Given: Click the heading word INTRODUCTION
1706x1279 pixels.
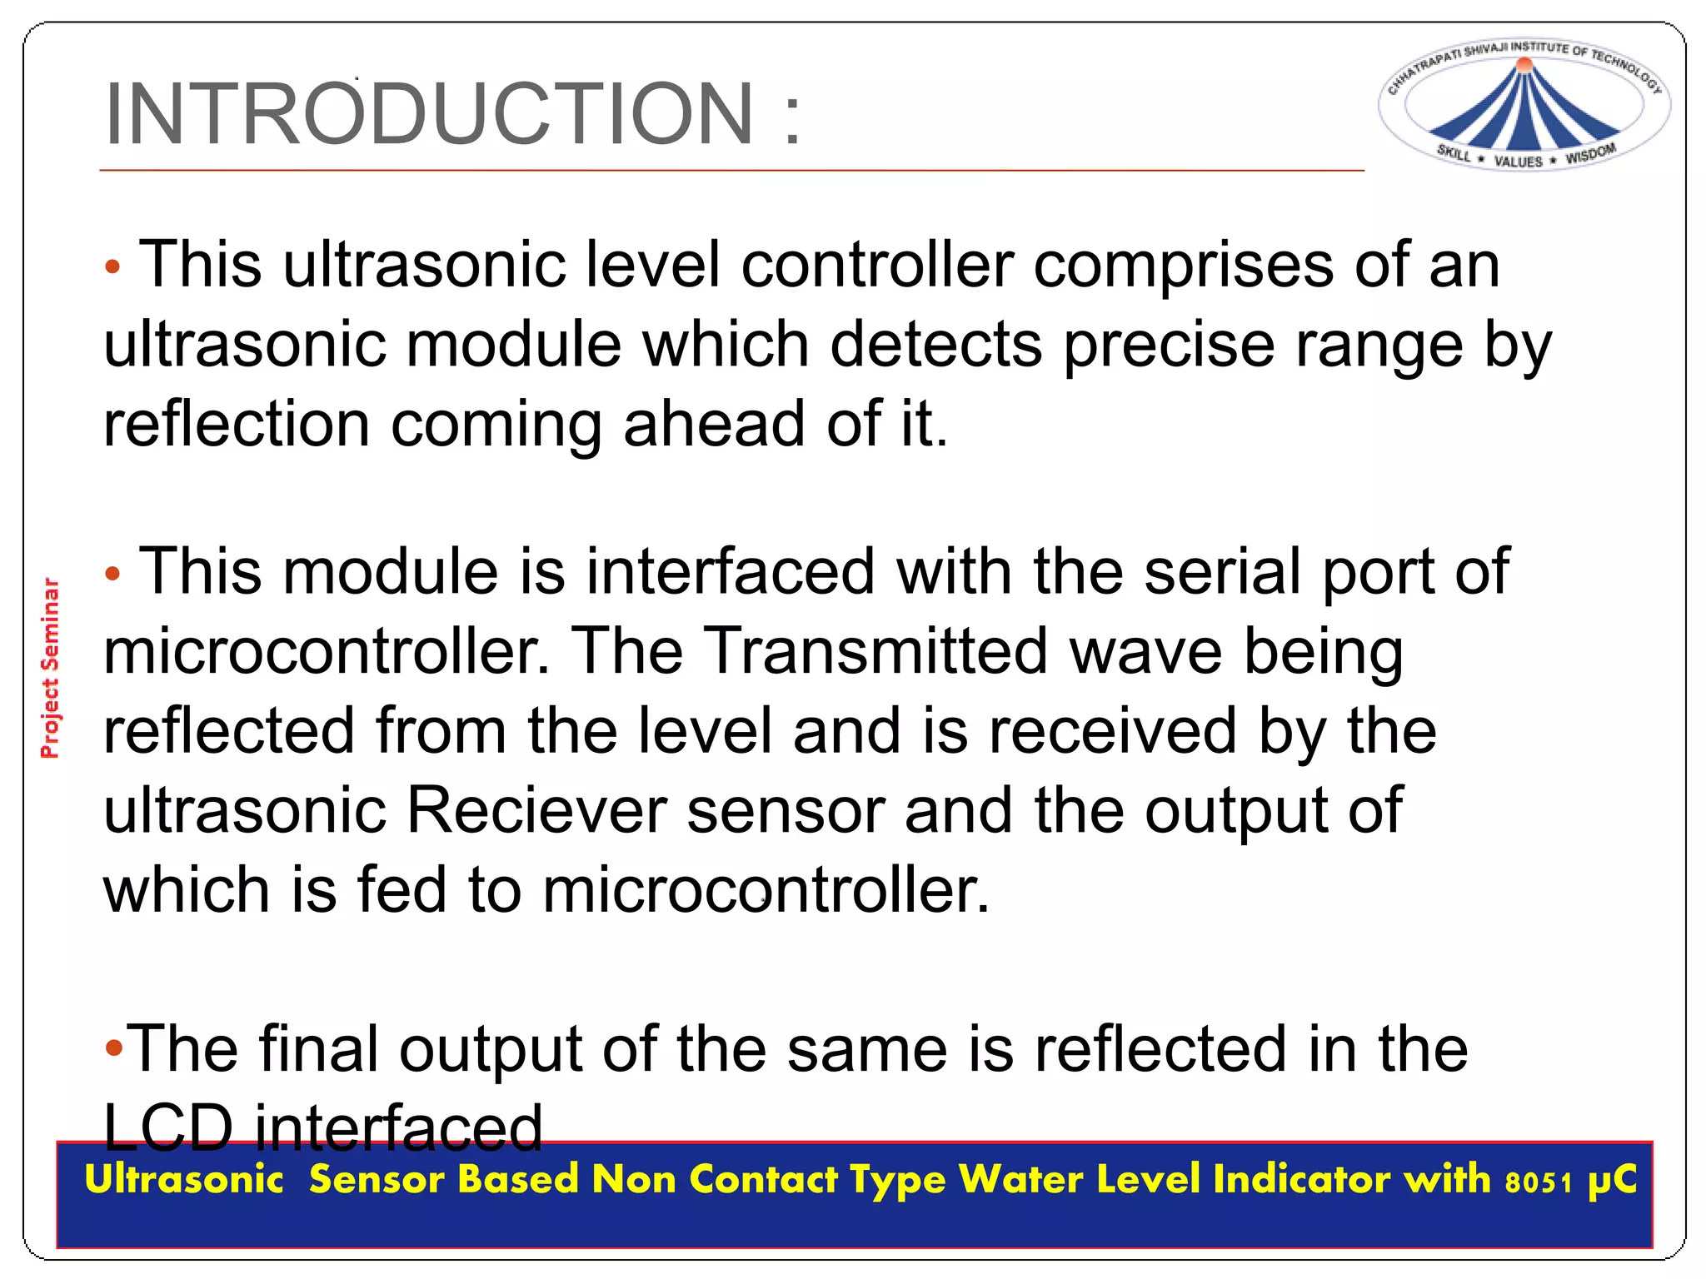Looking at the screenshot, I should [429, 114].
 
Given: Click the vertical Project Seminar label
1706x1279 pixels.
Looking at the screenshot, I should [51, 668].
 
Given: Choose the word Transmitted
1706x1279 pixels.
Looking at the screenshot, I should [875, 652].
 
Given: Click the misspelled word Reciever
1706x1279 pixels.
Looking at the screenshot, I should [536, 811].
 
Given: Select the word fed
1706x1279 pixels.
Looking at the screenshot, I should [402, 890].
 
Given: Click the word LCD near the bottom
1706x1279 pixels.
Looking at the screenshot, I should [167, 1128].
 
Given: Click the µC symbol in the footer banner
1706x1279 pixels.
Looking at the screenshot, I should [1613, 1181].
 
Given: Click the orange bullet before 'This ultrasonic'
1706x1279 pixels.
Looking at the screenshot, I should [113, 268].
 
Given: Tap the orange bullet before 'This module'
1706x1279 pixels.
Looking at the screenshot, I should [113, 575].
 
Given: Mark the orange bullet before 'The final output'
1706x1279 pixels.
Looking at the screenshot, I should [114, 1048].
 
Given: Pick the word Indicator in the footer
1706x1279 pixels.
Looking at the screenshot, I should [1301, 1180].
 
